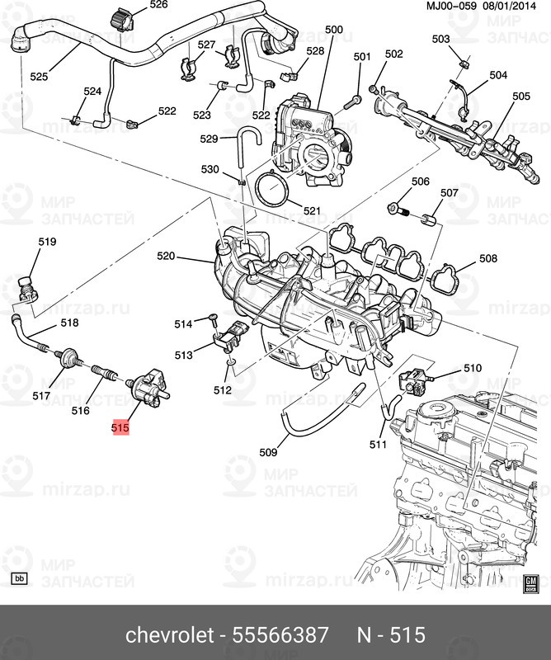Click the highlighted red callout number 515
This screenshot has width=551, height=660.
coord(121,428)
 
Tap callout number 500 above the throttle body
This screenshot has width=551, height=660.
coord(333,31)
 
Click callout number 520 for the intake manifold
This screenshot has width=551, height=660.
coord(167,257)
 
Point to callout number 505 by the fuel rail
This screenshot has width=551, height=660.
coord(520,97)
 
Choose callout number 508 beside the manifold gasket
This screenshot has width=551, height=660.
coord(488,259)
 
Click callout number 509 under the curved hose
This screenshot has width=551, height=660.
coord(268,452)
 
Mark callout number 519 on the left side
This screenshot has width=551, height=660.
coord(47,242)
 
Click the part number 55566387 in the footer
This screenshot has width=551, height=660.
coord(283,634)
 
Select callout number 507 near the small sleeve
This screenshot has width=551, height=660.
coord(448,194)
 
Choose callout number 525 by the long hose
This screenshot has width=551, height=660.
coord(39,77)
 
